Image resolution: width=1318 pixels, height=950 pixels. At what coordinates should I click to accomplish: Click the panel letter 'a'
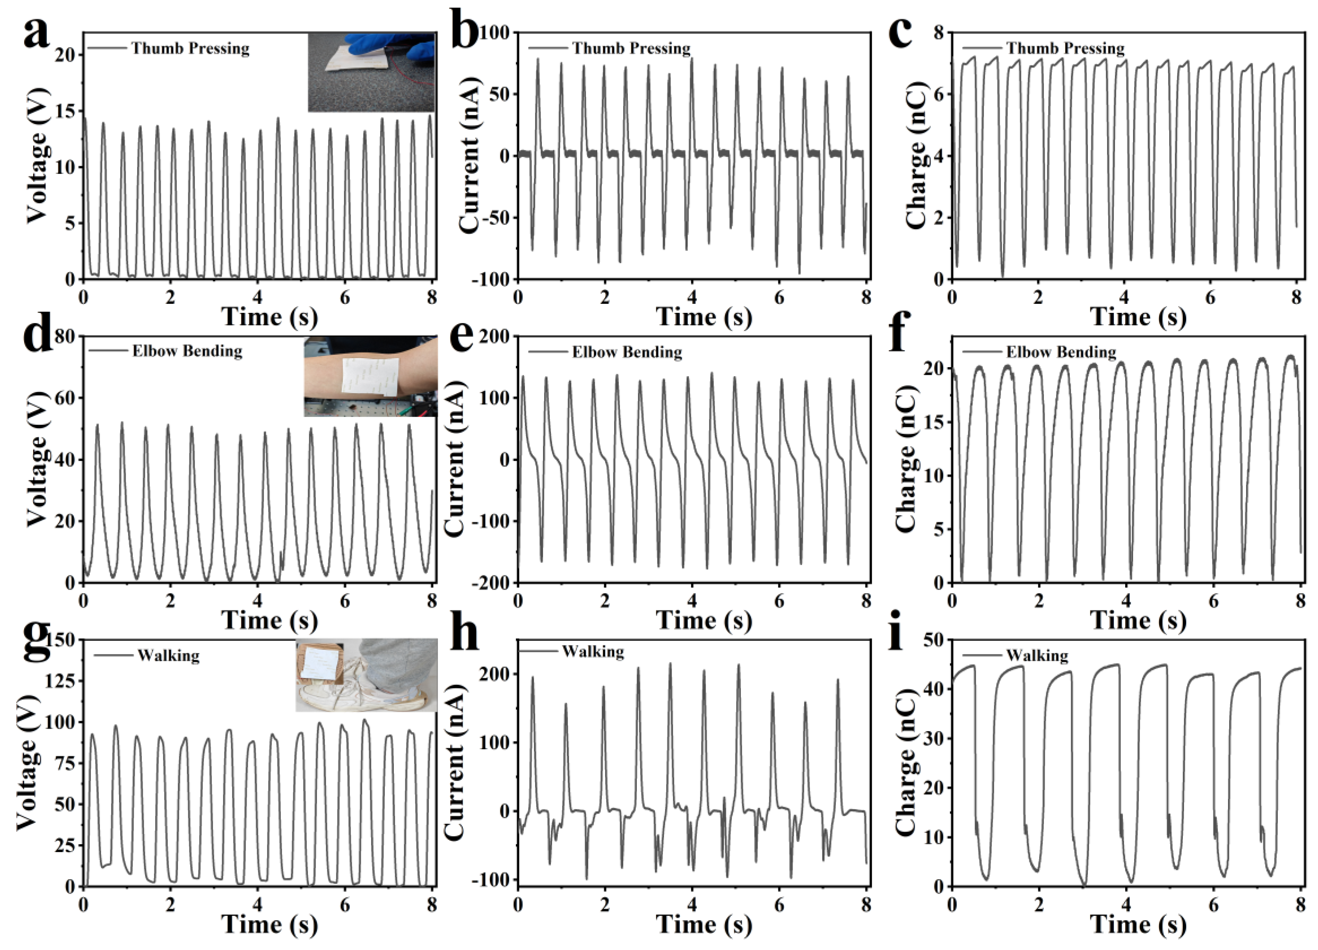point(36,35)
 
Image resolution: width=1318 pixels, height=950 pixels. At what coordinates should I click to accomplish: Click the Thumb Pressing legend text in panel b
point(631,48)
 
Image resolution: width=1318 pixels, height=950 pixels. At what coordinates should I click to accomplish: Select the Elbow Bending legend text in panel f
point(1061,352)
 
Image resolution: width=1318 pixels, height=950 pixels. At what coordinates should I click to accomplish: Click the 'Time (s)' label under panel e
point(704,621)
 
